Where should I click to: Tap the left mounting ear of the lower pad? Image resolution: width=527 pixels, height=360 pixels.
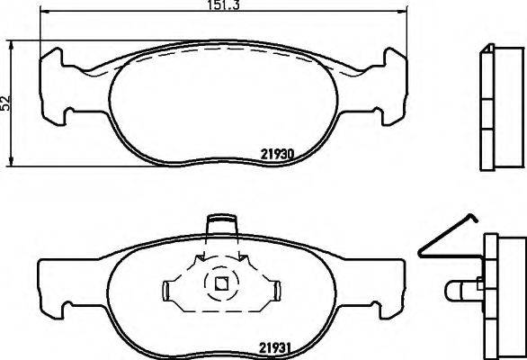(51, 284)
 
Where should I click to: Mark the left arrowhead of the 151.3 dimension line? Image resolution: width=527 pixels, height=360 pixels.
(45, 13)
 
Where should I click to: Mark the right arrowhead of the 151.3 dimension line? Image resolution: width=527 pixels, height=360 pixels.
(396, 13)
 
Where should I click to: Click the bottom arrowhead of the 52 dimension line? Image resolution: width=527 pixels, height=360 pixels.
(11, 166)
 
